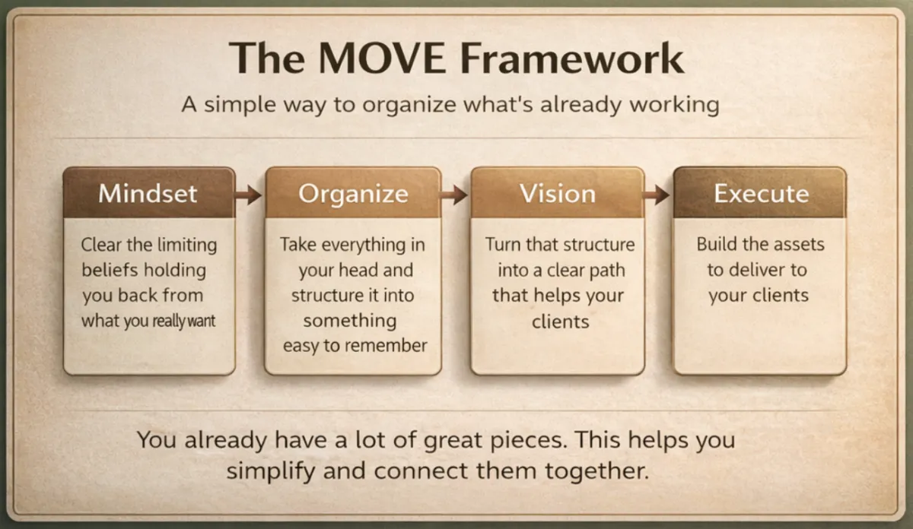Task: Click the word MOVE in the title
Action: point(382,59)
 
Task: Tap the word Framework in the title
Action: point(573,59)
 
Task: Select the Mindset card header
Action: point(149,192)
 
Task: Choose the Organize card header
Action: point(353,192)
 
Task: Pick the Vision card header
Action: point(558,192)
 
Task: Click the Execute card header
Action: point(760,192)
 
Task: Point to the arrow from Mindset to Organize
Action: point(249,195)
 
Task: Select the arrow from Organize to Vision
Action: point(454,195)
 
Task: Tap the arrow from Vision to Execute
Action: point(657,195)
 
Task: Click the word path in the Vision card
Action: point(607,271)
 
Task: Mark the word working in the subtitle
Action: point(675,106)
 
